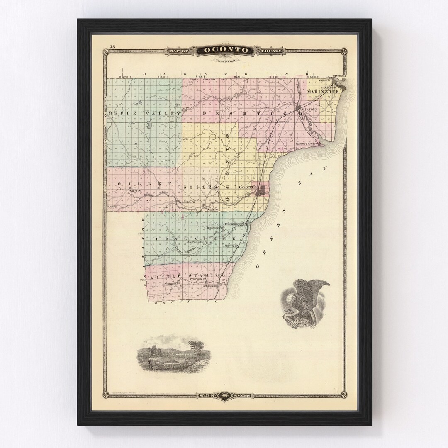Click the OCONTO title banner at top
(224, 51)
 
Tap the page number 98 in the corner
(112, 46)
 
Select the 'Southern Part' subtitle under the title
(224, 61)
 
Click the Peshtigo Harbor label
(307, 144)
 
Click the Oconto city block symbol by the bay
(261, 191)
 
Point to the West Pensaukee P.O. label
(197, 242)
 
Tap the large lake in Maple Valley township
(148, 124)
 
